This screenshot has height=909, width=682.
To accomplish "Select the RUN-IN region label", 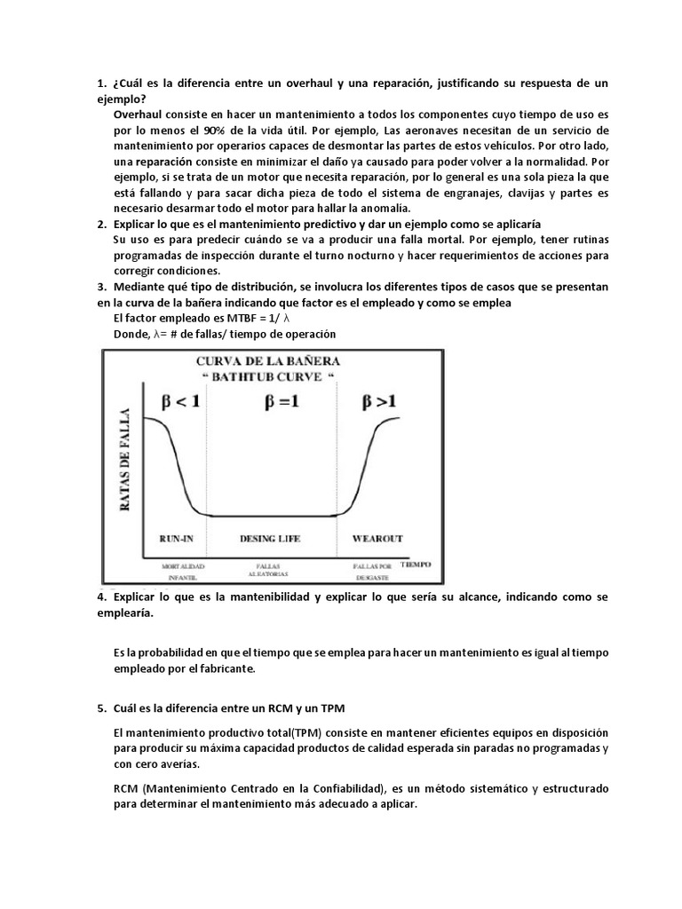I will [x=177, y=539].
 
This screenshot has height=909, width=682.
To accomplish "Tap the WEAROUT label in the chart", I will [x=378, y=539].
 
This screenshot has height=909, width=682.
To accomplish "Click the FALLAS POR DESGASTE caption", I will [x=371, y=570].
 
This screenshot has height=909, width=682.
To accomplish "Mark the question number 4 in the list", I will [x=101, y=598].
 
